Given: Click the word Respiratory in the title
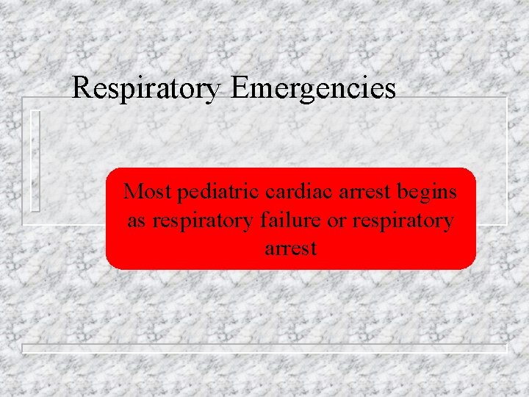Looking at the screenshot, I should click(x=146, y=89).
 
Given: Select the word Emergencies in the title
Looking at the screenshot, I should click(x=313, y=89).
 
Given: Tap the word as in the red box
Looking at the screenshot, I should click(x=136, y=220).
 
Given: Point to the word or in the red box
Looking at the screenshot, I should click(x=336, y=221).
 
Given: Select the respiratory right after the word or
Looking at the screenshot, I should click(x=403, y=221).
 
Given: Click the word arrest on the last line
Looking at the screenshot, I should click(x=290, y=248).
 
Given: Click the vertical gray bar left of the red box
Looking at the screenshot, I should click(x=35, y=160).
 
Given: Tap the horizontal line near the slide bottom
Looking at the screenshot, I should click(x=264, y=347).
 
